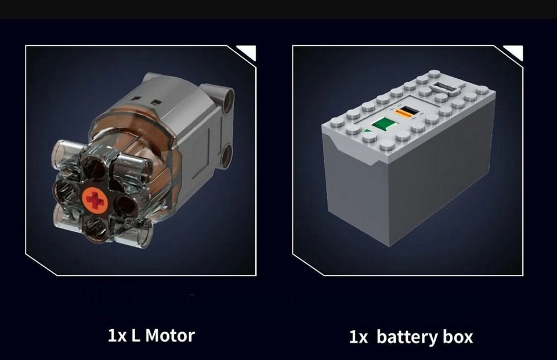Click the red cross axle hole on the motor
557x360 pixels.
coord(95,200)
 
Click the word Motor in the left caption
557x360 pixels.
coord(170,336)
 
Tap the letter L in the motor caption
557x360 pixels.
coord(135,336)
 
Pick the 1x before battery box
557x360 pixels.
coord(359,337)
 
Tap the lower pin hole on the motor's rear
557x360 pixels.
coord(226,156)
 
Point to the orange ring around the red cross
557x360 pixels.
coord(95,200)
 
